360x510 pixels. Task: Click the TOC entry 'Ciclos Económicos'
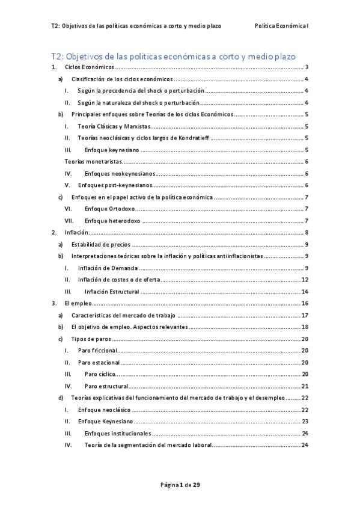[x=90, y=68]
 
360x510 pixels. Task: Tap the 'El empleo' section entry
[x=78, y=303]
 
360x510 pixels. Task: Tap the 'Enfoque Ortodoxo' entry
[x=110, y=209]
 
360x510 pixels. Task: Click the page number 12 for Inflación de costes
[x=305, y=280]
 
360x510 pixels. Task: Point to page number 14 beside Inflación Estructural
[x=305, y=291]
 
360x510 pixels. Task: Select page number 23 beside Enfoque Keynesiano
[x=305, y=421]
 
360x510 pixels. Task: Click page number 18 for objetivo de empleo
[x=305, y=327]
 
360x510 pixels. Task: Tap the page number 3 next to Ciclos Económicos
[x=307, y=68]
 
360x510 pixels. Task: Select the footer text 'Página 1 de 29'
[x=180, y=485]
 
